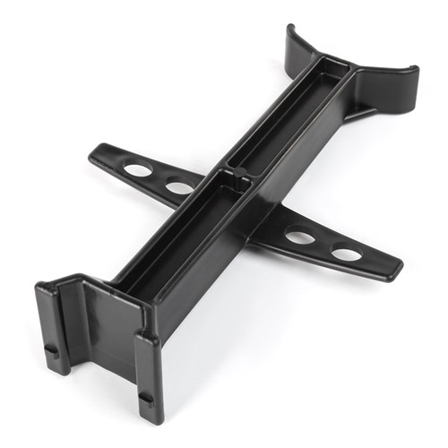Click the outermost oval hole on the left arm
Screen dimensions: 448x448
(x=138, y=169)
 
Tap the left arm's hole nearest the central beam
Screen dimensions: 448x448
(x=179, y=187)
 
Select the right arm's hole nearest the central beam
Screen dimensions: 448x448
(x=300, y=237)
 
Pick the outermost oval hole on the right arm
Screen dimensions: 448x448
(x=346, y=254)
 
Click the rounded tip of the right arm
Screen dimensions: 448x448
(x=394, y=270)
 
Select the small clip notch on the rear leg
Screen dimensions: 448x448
(x=52, y=350)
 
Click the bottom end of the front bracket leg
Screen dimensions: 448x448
(x=151, y=416)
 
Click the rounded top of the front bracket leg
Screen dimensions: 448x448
(x=147, y=339)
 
